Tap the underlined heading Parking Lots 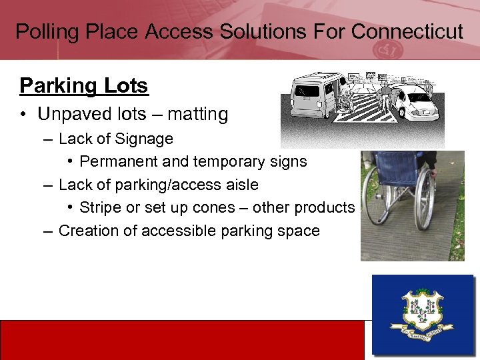pyautogui.click(x=84, y=86)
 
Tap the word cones pyautogui.click(x=211, y=207)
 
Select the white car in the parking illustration pyautogui.click(x=417, y=103)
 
